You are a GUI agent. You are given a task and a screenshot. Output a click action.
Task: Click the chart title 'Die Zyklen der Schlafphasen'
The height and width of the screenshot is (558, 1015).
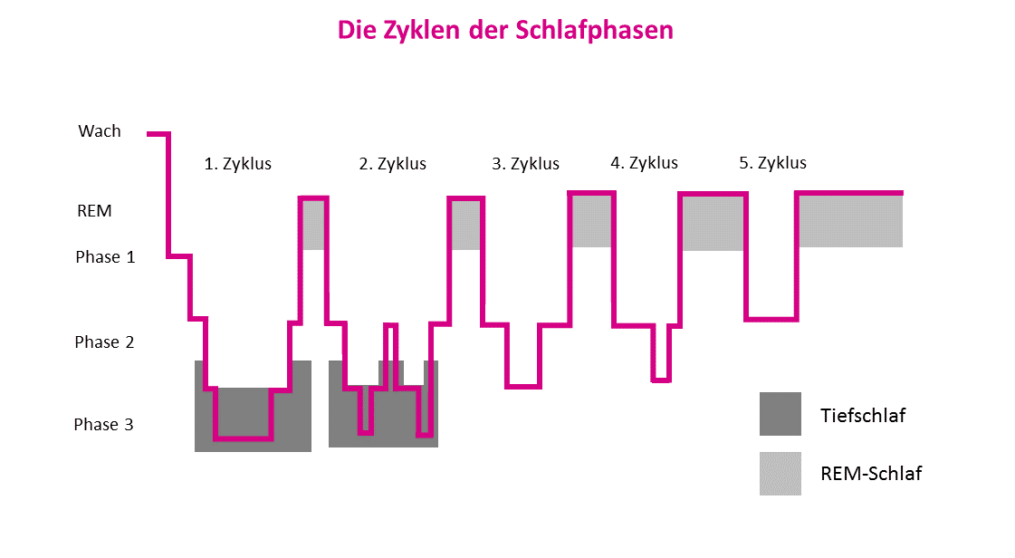pos(505,30)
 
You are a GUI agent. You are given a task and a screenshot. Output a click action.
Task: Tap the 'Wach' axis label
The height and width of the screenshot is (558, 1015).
pos(100,131)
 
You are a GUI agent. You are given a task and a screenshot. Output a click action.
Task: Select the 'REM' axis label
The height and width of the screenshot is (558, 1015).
pos(94,211)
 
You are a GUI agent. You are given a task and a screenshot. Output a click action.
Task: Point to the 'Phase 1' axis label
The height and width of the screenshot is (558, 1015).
pos(105,257)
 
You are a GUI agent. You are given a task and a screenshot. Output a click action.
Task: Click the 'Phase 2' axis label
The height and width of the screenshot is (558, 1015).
pos(104,342)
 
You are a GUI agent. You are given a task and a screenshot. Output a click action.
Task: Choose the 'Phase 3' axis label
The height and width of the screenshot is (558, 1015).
pos(103,424)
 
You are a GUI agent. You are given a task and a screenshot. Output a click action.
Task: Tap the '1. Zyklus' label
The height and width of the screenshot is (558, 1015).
pos(237,164)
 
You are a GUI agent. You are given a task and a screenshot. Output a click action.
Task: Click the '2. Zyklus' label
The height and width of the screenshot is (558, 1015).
pos(392,164)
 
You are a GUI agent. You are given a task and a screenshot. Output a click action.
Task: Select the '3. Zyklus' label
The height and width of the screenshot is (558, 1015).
pos(525,164)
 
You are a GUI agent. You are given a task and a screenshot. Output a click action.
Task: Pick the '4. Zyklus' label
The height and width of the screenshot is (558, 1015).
pos(644,163)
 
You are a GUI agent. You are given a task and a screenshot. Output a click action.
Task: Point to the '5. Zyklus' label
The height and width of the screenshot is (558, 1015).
pos(772,163)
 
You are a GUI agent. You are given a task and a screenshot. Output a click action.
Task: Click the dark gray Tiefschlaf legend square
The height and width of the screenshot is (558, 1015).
pos(780,414)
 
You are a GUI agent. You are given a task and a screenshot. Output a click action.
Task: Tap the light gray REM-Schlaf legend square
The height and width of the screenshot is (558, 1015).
pos(780,474)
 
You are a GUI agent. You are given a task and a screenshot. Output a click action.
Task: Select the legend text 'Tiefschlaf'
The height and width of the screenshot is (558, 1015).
pos(863,416)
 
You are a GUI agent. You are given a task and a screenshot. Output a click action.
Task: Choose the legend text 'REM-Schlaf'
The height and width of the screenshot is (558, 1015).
pos(871,473)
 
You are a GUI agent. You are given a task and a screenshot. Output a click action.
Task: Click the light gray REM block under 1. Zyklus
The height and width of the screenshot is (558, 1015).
pos(313,225)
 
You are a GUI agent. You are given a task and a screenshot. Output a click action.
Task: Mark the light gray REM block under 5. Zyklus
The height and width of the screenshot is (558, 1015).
pos(850,221)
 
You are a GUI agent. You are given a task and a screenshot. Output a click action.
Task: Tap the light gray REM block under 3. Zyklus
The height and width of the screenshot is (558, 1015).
pos(592,220)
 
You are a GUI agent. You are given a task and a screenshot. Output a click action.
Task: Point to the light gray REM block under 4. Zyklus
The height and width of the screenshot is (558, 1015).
pos(713,223)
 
